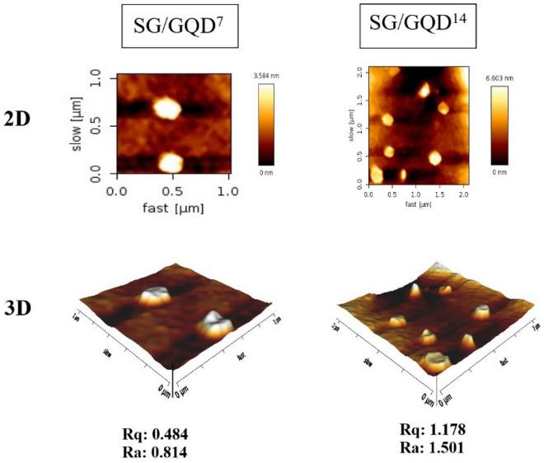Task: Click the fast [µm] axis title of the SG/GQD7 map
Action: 172,208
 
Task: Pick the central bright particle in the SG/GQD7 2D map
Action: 166,109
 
